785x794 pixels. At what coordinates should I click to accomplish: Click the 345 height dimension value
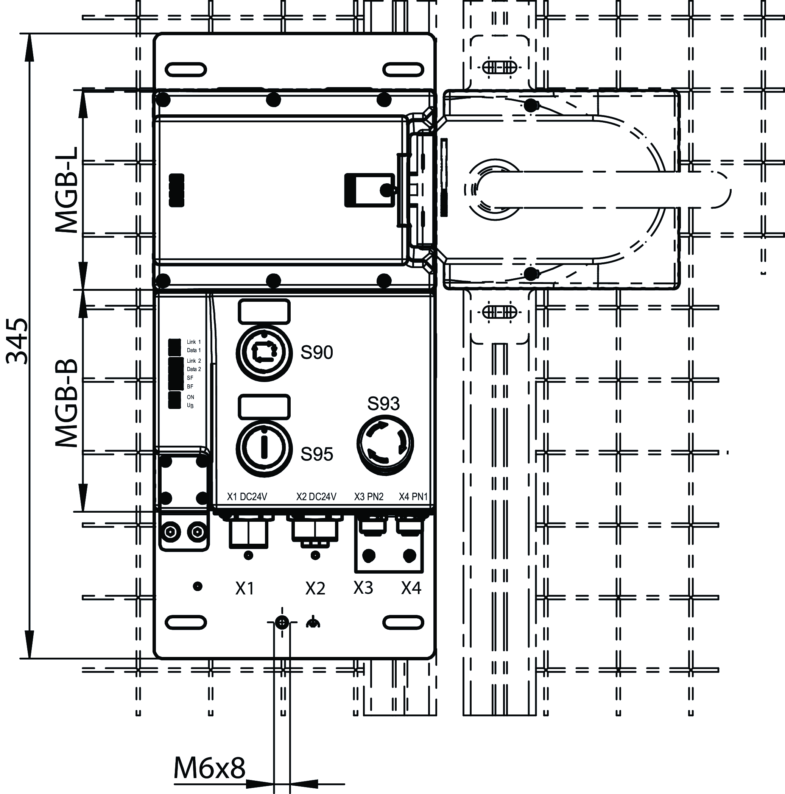[x=17, y=341]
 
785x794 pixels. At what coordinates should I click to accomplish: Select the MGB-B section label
[x=67, y=404]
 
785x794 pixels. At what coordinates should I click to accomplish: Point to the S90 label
[x=317, y=353]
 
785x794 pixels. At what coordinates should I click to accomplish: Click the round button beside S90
[x=264, y=353]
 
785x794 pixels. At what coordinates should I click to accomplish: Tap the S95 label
[x=317, y=454]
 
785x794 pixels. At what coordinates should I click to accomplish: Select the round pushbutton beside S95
[x=264, y=448]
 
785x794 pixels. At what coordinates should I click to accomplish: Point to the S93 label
[x=383, y=404]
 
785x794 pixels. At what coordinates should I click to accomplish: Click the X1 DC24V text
[x=247, y=497]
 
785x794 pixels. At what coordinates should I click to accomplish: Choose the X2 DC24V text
[x=316, y=497]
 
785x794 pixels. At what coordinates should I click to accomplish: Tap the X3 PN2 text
[x=369, y=497]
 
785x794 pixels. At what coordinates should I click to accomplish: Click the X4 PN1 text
[x=413, y=497]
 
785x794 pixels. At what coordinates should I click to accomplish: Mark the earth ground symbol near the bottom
[x=313, y=624]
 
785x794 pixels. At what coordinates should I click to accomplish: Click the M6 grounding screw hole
[x=282, y=623]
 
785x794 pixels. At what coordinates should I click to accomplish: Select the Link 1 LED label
[x=193, y=342]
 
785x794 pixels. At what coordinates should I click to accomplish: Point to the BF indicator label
[x=190, y=387]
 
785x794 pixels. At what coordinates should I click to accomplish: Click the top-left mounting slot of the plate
[x=186, y=69]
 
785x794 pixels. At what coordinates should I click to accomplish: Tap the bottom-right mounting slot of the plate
[x=403, y=622]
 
